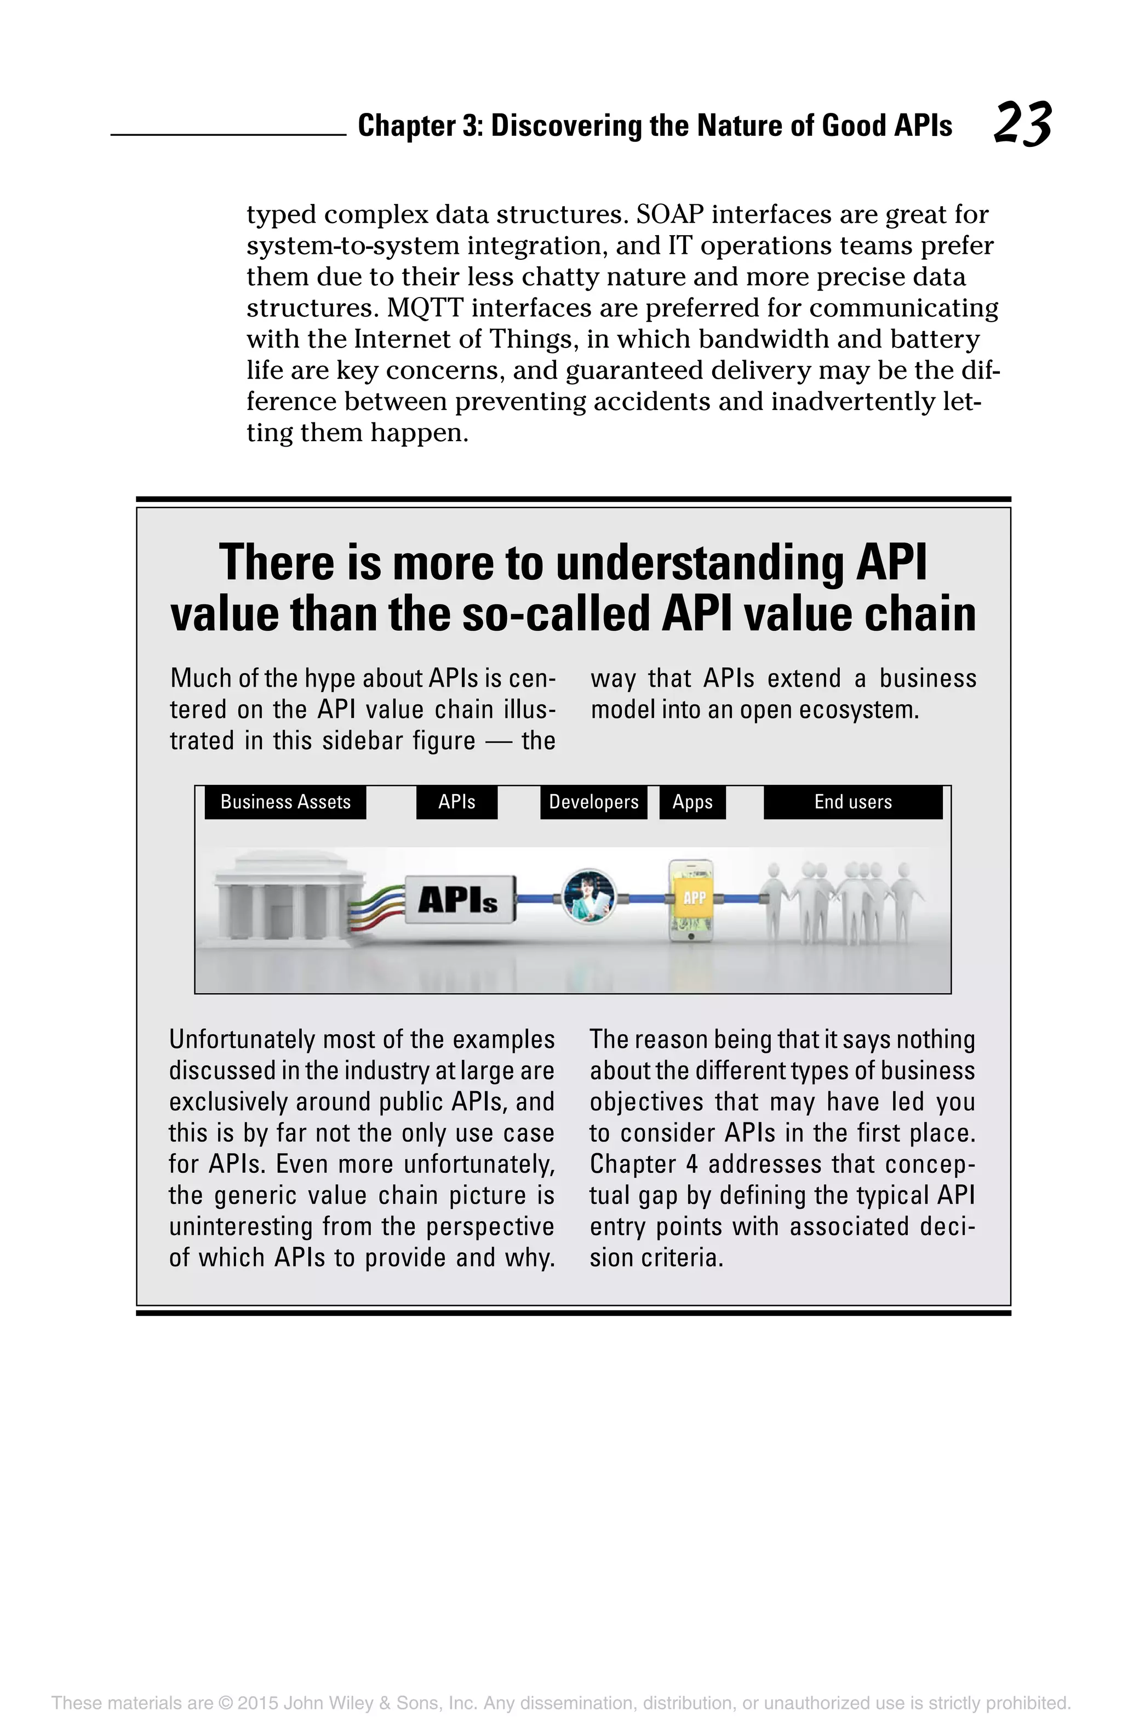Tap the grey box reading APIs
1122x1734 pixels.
click(x=459, y=900)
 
